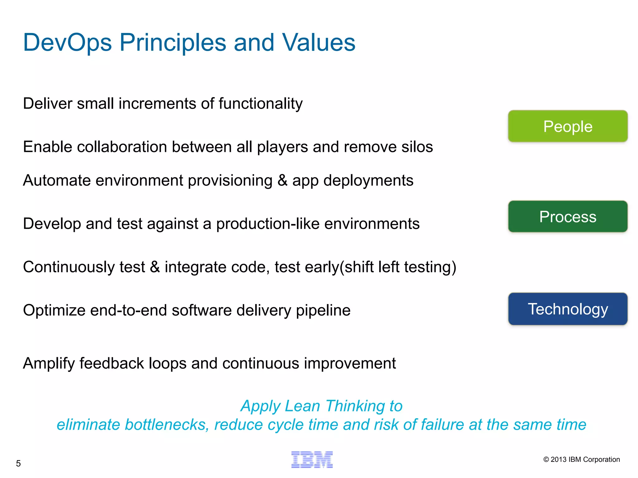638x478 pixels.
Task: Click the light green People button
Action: click(x=568, y=126)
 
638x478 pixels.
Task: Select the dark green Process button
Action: click(x=568, y=217)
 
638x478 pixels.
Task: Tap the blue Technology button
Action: click(x=568, y=309)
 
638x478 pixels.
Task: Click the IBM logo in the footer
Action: click(x=312, y=460)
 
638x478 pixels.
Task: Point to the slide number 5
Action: click(x=18, y=463)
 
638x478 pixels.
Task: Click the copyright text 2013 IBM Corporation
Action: click(x=581, y=459)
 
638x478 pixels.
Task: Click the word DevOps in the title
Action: click(x=67, y=43)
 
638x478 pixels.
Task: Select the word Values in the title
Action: click(x=318, y=43)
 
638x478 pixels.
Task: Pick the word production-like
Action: click(x=268, y=224)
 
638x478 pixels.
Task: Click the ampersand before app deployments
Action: click(x=282, y=180)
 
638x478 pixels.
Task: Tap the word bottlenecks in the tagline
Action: click(x=167, y=425)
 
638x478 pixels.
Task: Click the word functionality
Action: click(x=260, y=104)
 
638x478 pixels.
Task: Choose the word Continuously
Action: click(x=69, y=267)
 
